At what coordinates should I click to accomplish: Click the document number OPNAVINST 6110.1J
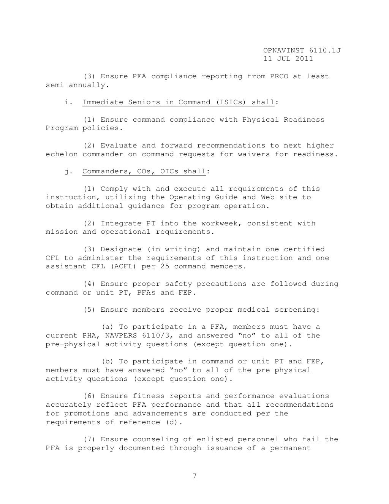click(302, 50)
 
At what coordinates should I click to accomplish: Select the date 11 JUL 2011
click(288, 59)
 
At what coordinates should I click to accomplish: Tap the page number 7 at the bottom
click(194, 476)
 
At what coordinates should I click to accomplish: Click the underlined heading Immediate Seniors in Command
click(179, 102)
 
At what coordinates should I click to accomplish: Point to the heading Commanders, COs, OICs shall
click(144, 171)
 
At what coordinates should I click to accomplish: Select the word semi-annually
click(75, 85)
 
